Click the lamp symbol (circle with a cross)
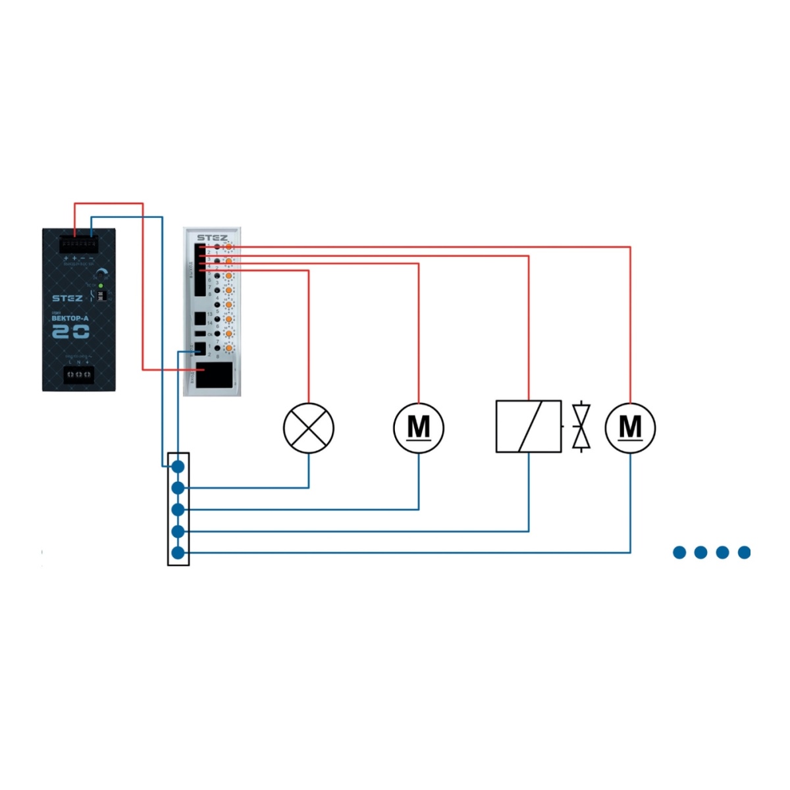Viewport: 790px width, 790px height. click(309, 428)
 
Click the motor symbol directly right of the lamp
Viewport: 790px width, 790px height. click(419, 428)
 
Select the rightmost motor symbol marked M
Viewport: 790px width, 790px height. click(630, 428)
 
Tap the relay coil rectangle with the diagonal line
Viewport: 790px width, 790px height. click(529, 427)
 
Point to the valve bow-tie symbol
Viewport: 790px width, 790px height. click(581, 427)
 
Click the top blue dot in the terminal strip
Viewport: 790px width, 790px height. click(178, 467)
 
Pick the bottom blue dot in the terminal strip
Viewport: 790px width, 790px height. click(178, 553)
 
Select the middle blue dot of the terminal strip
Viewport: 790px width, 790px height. click(178, 510)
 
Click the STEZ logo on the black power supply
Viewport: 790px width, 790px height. click(67, 298)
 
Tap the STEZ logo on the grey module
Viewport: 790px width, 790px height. click(212, 238)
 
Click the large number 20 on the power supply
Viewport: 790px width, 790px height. click(70, 332)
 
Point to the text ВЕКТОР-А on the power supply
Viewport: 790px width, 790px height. click(70, 319)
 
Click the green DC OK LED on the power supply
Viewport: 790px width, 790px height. click(100, 286)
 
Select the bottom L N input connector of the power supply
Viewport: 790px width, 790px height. click(78, 375)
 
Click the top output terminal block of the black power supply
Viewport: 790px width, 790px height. click(78, 244)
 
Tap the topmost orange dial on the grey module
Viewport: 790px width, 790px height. click(228, 247)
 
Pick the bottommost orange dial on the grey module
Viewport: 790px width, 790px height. click(228, 348)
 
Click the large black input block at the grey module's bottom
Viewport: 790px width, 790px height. click(214, 375)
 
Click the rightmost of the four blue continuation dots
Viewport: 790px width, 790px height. click(745, 552)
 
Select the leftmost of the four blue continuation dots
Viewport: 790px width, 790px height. click(679, 552)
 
